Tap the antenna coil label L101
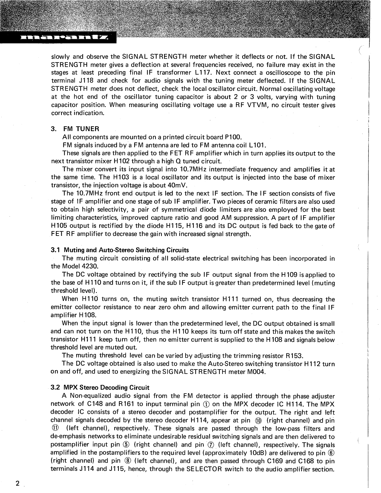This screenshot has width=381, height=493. pyautogui.click(x=258, y=145)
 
